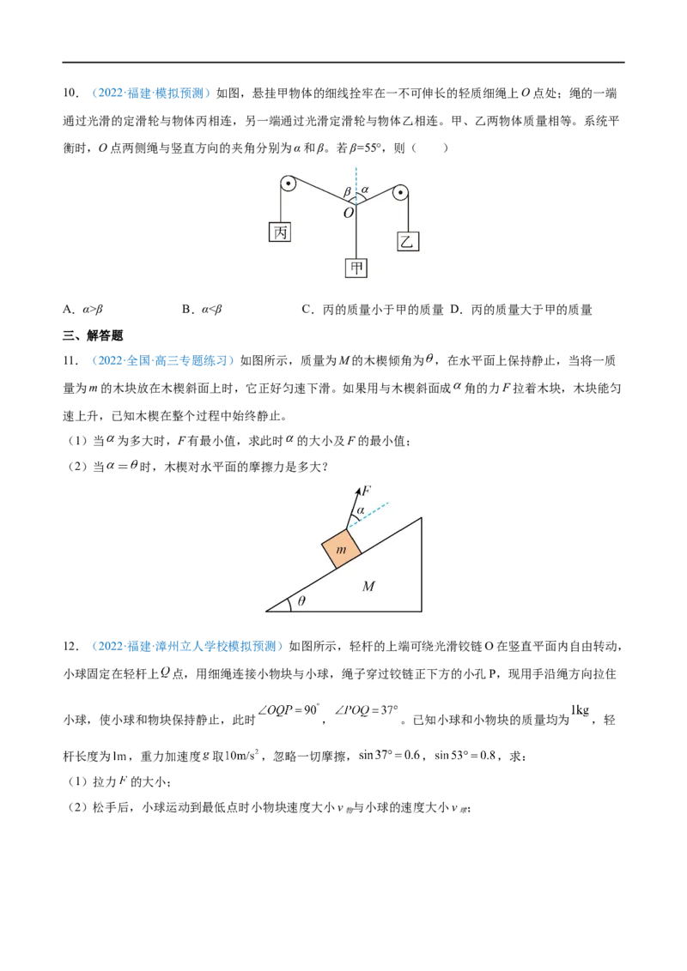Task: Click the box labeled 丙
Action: point(280,232)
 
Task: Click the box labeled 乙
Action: point(407,241)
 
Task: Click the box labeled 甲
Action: point(356,268)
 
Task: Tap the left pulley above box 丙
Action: point(288,184)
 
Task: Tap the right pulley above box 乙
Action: point(400,193)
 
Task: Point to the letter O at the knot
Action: point(349,213)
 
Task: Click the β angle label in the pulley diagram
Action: point(347,193)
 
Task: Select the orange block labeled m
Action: point(342,547)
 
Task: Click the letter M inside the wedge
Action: point(368,586)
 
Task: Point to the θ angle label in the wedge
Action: point(301,600)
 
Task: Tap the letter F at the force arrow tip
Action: point(366,491)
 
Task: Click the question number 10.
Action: point(70,93)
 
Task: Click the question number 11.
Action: point(70,361)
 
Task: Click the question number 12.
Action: point(70,647)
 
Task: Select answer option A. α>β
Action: point(83,309)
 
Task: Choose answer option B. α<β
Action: point(202,309)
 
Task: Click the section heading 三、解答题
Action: point(93,335)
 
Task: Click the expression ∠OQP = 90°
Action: point(289,710)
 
